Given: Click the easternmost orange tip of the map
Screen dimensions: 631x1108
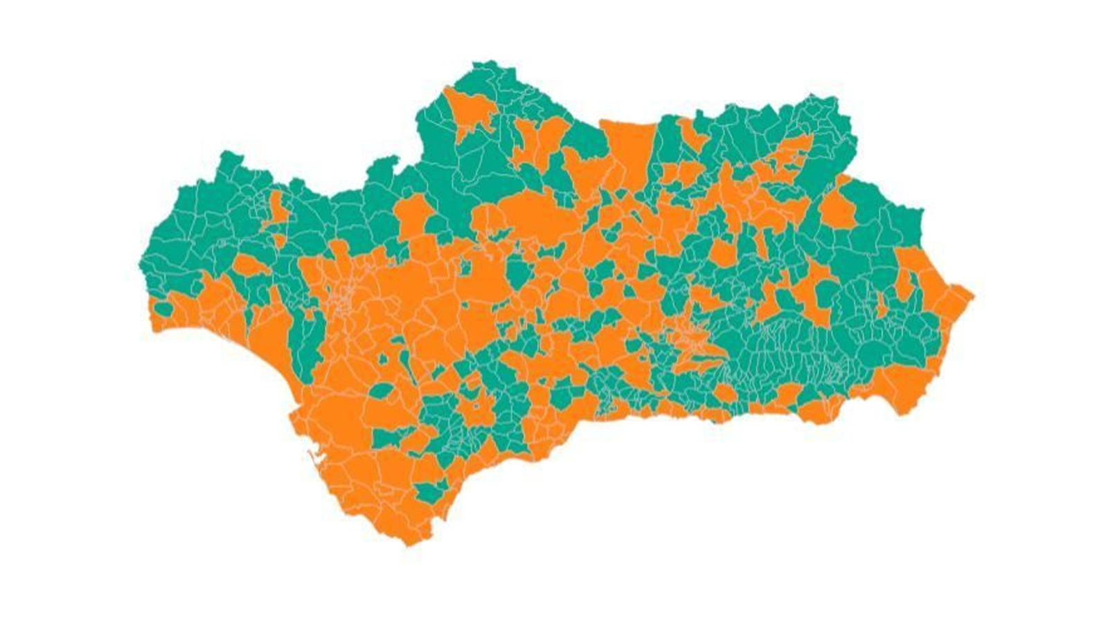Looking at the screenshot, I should pyautogui.click(x=972, y=296).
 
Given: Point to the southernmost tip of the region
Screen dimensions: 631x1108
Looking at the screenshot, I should pyautogui.click(x=409, y=544).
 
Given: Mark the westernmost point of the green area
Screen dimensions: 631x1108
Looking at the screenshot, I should pyautogui.click(x=141, y=264).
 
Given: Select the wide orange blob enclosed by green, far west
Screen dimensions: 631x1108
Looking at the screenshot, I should pyautogui.click(x=250, y=266).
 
